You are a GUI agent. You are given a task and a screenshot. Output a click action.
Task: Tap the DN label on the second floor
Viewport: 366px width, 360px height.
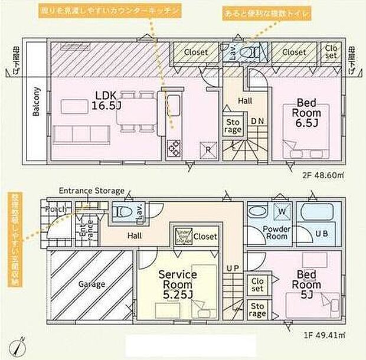click(257, 121)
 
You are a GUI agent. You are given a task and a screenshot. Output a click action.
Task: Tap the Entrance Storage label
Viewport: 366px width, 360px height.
click(91, 191)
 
